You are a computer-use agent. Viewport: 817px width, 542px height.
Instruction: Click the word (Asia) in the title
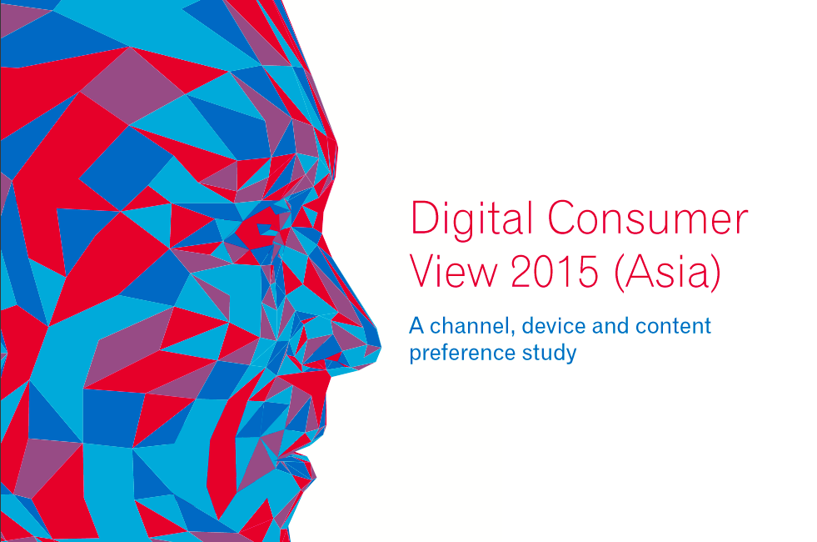coord(667,273)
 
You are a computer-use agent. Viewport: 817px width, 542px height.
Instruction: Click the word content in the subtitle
coord(674,325)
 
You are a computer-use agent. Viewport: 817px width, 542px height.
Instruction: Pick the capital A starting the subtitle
coord(416,325)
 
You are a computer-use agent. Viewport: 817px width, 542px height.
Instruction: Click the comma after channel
coord(509,331)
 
